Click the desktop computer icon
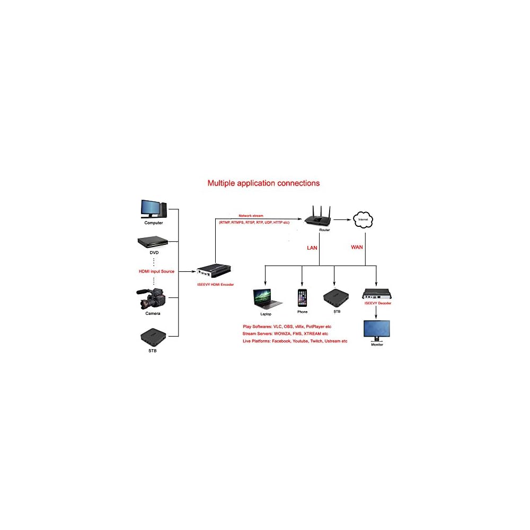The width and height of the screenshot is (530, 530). [153, 209]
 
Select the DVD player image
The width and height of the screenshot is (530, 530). [153, 241]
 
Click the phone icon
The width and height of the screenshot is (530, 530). [302, 298]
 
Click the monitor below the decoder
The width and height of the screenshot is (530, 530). [376, 330]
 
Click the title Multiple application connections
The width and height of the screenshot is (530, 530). [263, 183]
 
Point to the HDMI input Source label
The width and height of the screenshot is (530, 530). [156, 271]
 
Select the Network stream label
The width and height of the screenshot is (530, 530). [251, 216]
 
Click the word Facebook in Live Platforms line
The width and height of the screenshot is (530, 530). [281, 341]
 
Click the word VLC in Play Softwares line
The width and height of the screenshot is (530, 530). [278, 326]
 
